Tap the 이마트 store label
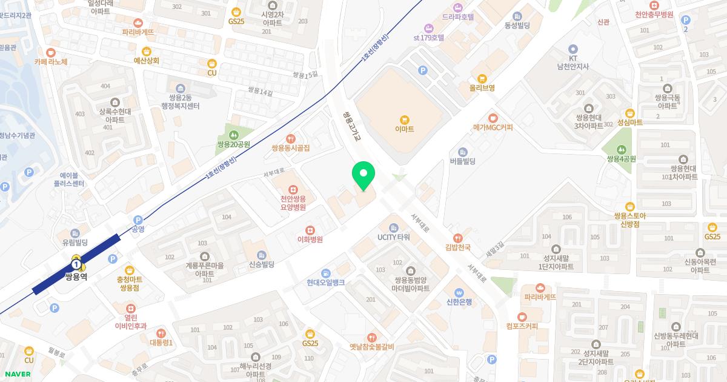(x=404, y=129)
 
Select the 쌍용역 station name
(x=77, y=276)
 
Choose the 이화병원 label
(x=310, y=240)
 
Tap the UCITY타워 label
(x=394, y=237)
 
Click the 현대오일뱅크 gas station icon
(x=325, y=273)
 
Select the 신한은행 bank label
(x=459, y=302)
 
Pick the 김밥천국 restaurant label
(x=458, y=247)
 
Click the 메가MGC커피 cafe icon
(x=493, y=118)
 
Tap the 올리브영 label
(x=482, y=88)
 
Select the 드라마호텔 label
(x=458, y=18)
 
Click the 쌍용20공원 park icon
(x=234, y=135)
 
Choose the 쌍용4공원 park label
(x=621, y=159)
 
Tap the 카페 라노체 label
(x=51, y=62)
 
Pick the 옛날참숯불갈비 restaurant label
(x=372, y=347)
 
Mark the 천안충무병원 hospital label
(x=654, y=15)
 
